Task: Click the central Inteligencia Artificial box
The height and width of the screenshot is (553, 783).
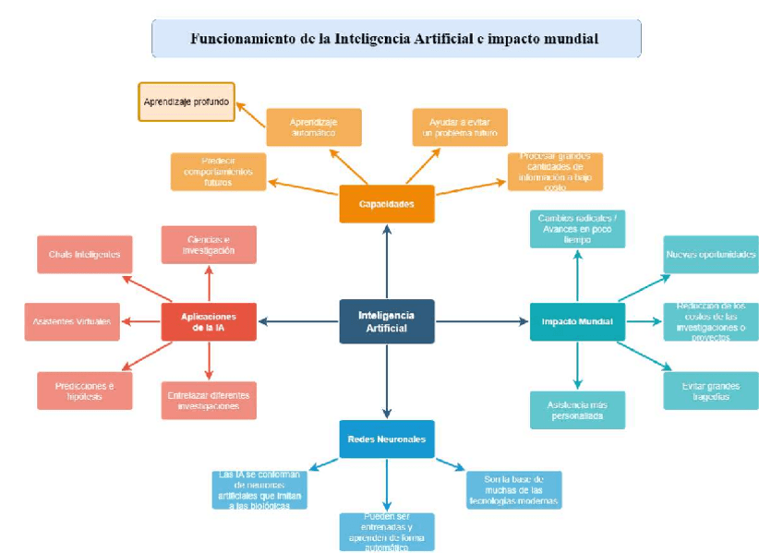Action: click(x=386, y=321)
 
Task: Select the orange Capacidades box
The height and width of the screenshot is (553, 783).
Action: click(x=386, y=204)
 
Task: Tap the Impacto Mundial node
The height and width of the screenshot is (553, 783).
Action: click(x=577, y=321)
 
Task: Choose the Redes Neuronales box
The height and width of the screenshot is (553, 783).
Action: click(x=386, y=439)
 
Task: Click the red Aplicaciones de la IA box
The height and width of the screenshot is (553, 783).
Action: click(x=209, y=321)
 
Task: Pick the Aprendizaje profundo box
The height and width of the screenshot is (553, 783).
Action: click(x=186, y=102)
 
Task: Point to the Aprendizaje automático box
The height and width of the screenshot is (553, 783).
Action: click(x=313, y=127)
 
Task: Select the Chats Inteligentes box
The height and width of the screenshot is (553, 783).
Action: click(x=84, y=254)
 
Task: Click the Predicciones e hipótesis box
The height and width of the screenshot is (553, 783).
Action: click(x=84, y=390)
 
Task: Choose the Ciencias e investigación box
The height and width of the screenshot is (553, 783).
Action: click(x=209, y=245)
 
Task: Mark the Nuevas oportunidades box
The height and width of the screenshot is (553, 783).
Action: click(x=711, y=254)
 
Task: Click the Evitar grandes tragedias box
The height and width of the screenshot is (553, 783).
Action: click(x=711, y=391)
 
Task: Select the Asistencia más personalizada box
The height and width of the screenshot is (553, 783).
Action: click(x=577, y=410)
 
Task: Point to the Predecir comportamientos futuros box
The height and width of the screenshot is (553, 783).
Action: click(x=218, y=172)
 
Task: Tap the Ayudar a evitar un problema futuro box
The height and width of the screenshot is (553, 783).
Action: click(x=459, y=127)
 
